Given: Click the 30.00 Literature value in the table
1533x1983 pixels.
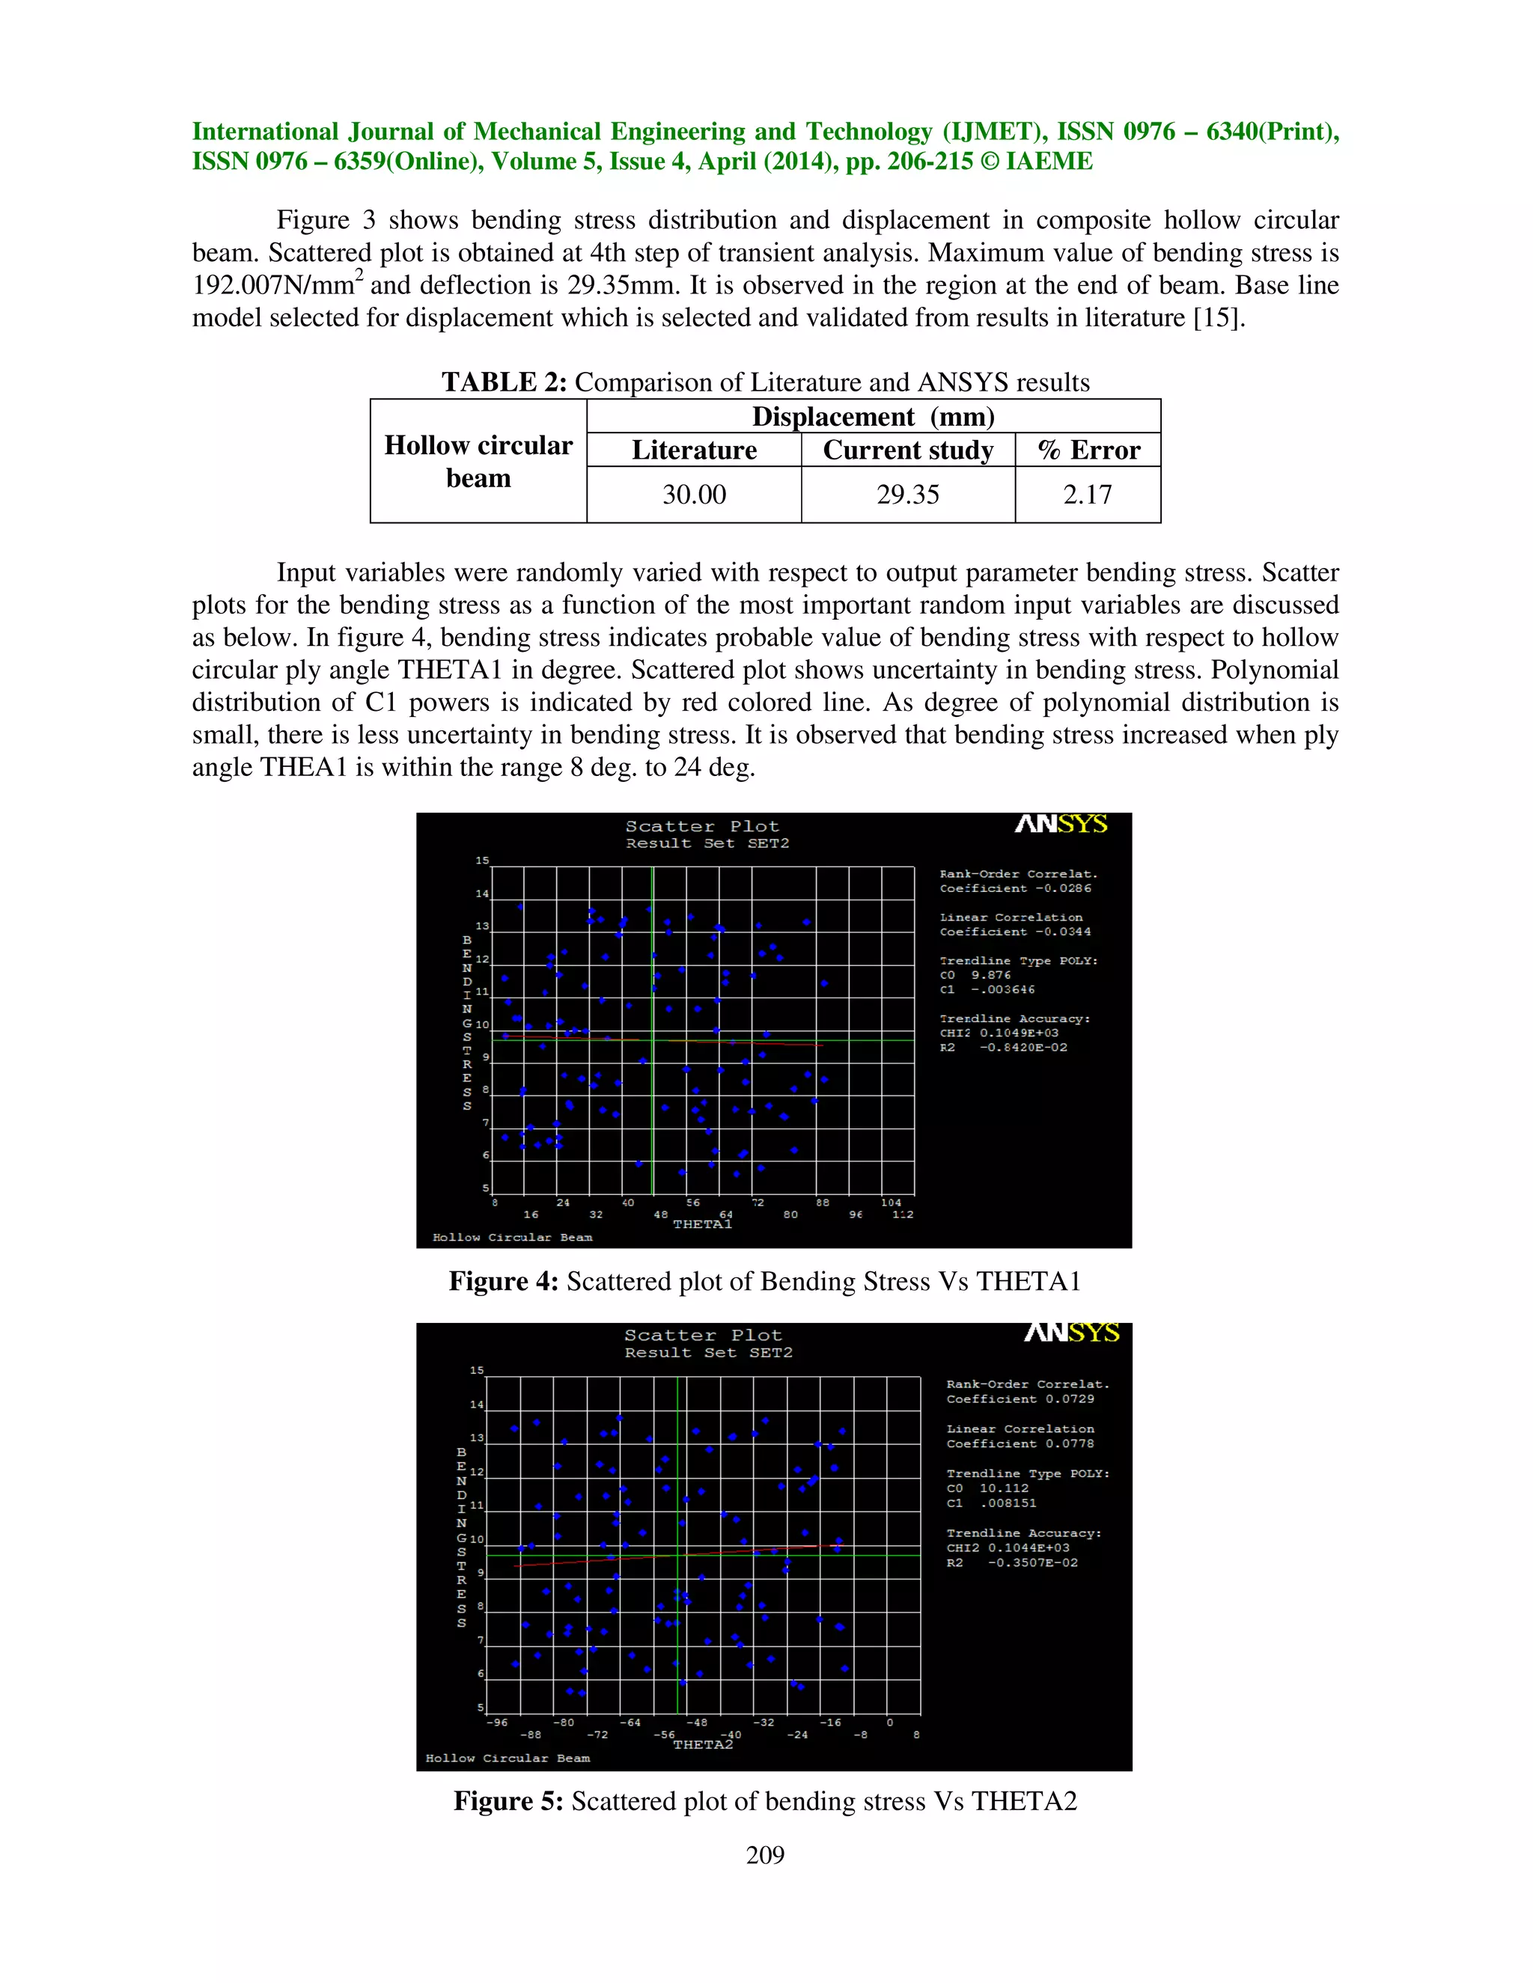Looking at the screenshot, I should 694,495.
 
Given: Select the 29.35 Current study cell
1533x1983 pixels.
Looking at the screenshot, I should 907,495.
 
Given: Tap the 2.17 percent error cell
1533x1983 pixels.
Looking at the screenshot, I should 1087,495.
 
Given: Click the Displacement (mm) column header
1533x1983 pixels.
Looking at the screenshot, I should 873,417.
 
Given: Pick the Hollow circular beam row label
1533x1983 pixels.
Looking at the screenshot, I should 478,461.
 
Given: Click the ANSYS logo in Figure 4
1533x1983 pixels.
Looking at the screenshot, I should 1061,825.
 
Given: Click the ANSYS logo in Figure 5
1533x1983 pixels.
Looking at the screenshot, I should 1072,1333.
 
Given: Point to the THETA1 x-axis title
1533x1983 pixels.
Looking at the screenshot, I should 702,1225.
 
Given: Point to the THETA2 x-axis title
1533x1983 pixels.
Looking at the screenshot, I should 702,1744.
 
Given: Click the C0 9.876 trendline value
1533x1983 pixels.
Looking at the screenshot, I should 975,975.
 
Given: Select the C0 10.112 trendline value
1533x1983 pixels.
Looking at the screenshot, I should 987,1488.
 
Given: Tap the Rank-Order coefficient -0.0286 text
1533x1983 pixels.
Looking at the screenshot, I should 1015,889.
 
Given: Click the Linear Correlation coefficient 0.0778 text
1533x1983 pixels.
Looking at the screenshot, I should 1020,1443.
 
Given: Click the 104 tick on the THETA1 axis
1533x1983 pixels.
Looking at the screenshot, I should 891,1203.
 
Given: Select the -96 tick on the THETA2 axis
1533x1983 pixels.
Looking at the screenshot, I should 497,1723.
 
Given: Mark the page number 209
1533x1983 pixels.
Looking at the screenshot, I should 765,1855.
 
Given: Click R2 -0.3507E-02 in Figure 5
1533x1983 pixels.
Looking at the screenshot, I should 1012,1562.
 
